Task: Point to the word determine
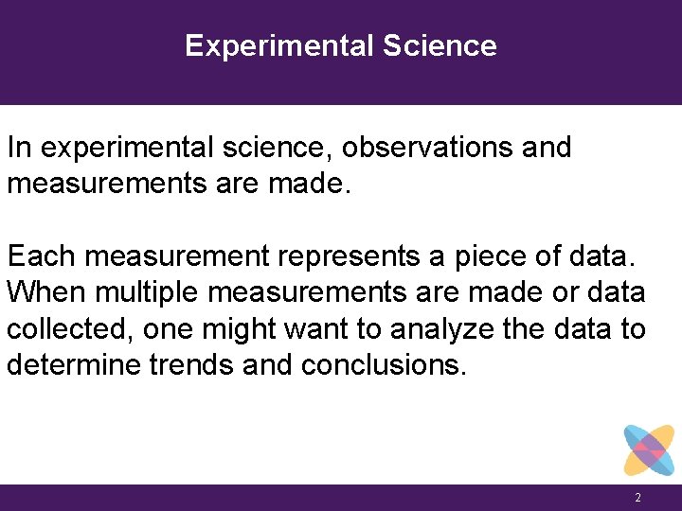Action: (x=75, y=365)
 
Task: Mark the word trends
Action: (x=193, y=365)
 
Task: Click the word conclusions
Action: (x=385, y=365)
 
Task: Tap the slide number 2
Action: (x=638, y=498)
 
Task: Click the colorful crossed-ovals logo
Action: (x=649, y=449)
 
